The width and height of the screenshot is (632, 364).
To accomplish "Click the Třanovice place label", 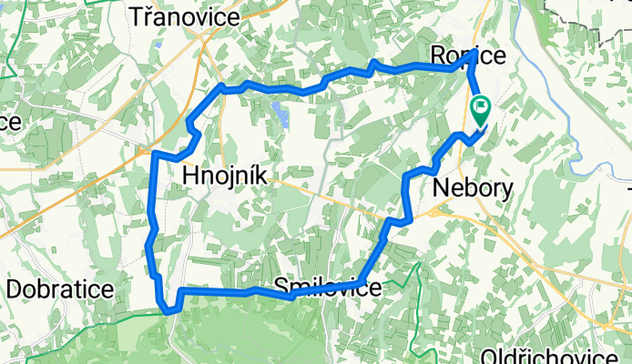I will click(186, 17).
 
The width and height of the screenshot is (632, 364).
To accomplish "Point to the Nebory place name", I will click(474, 187).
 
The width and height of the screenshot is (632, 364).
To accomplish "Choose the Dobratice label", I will click(60, 289).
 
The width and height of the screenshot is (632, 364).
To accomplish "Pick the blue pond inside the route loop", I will click(281, 115).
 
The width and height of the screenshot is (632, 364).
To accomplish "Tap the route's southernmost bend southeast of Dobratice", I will click(169, 311).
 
